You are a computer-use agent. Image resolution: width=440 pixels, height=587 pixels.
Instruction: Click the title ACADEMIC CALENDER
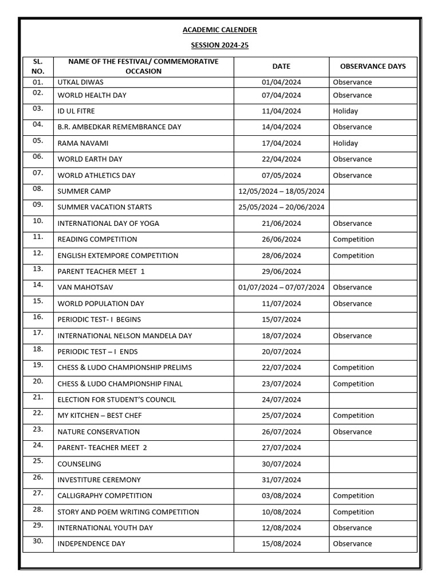[x=220, y=30]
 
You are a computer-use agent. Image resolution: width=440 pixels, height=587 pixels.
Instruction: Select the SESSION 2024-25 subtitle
[x=220, y=45]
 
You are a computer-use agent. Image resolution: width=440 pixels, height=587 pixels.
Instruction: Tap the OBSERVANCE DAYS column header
[x=372, y=66]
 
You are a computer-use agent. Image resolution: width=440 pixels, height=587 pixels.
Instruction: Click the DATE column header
[x=281, y=66]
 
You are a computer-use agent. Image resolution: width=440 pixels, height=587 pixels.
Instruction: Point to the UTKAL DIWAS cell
[x=80, y=82]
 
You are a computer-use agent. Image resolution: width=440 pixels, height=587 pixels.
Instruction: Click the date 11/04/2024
[x=281, y=111]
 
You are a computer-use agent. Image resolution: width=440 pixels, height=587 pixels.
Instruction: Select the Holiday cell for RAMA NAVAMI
[x=345, y=143]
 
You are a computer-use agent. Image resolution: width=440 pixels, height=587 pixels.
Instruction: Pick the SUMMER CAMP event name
[x=84, y=191]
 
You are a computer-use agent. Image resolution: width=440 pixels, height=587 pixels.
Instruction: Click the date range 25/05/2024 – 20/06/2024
[x=281, y=208]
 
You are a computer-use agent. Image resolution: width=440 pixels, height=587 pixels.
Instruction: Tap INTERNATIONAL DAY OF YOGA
[x=108, y=224]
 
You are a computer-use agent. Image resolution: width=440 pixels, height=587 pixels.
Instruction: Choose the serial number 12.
[x=38, y=253]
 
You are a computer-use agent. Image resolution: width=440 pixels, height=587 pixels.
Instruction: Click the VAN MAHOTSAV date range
[x=281, y=288]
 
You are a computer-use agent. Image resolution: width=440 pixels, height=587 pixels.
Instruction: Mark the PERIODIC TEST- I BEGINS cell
[x=99, y=320]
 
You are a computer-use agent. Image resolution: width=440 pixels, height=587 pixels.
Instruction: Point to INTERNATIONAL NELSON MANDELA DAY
[x=124, y=336]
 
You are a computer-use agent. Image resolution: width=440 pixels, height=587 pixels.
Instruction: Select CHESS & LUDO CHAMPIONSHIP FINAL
[x=120, y=384]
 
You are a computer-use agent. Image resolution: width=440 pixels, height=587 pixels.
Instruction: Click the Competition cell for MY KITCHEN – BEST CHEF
[x=353, y=416]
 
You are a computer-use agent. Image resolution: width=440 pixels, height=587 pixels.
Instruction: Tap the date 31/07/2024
[x=281, y=480]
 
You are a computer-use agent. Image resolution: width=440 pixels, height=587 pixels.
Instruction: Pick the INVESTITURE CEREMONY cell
[x=99, y=480]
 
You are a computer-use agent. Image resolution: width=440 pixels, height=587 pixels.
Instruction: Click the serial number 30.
[x=38, y=541]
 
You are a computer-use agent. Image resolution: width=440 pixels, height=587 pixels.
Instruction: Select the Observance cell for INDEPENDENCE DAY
[x=352, y=544]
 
